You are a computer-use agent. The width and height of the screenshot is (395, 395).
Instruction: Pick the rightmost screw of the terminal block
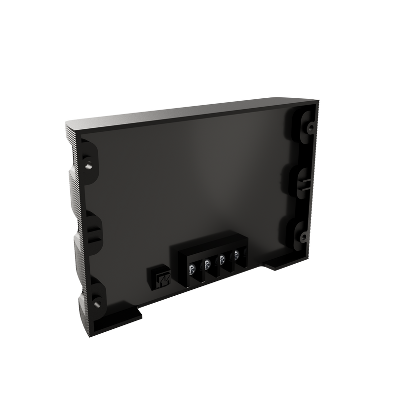point(237,255)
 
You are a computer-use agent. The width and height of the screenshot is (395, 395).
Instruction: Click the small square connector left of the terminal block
point(159,278)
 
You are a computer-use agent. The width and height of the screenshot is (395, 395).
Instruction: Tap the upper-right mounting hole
point(310,127)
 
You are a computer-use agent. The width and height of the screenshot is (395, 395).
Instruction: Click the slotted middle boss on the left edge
point(93,230)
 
